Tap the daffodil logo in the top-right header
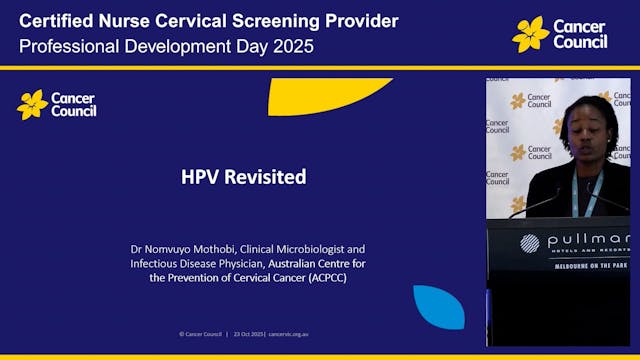(530, 34)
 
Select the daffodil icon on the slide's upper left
(32, 104)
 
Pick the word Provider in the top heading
(356, 21)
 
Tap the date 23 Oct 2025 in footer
(247, 333)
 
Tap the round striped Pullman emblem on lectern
(529, 242)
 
